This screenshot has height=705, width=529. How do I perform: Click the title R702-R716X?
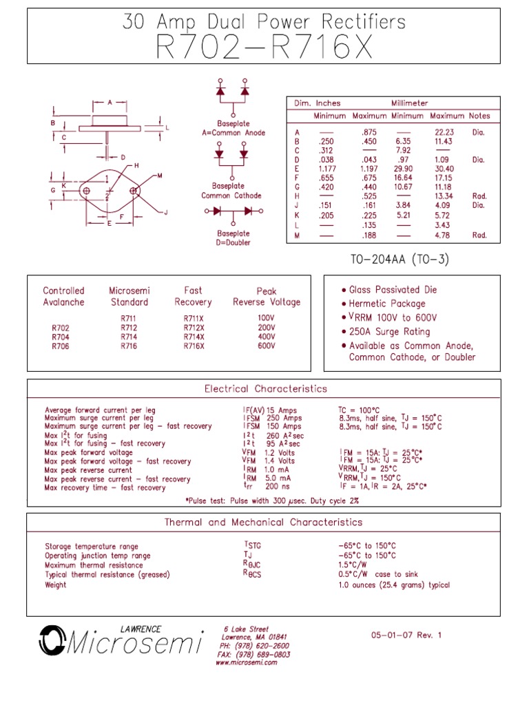tap(264, 48)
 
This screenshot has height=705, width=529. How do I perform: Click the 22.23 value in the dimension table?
tap(444, 132)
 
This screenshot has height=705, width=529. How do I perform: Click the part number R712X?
tap(194, 328)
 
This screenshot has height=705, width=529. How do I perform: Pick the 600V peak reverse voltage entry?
tap(266, 346)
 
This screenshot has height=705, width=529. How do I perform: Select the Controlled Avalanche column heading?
tap(63, 296)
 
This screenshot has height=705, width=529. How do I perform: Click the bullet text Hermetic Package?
tap(387, 304)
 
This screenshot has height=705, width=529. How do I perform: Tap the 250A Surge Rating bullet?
tap(389, 332)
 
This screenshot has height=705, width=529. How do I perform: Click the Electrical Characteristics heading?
tap(265, 389)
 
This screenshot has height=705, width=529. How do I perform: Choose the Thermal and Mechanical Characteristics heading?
tap(263, 523)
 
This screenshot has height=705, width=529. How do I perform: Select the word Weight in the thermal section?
tap(56, 585)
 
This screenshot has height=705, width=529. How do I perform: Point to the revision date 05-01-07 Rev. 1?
tap(405, 635)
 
